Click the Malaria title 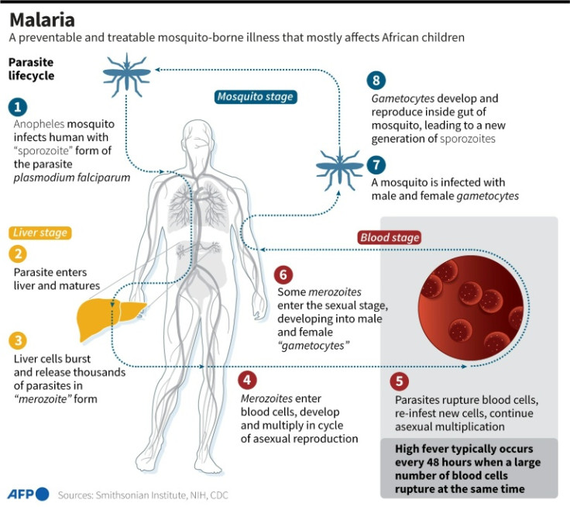pos(42,19)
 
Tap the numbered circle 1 pos(18,107)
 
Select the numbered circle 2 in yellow pos(18,253)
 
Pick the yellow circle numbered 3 pos(18,340)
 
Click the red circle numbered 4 pos(247,380)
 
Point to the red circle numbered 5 pos(399,381)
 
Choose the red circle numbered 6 pos(283,274)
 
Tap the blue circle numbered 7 pos(376,164)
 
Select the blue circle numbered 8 pos(376,81)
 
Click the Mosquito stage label pos(256,97)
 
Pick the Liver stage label pos(40,233)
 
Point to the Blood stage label pos(390,238)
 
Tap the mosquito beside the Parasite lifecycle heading pos(126,74)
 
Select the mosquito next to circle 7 pos(339,168)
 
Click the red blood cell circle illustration pos(471,308)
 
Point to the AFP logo pos(29,494)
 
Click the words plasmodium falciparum pos(72,178)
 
